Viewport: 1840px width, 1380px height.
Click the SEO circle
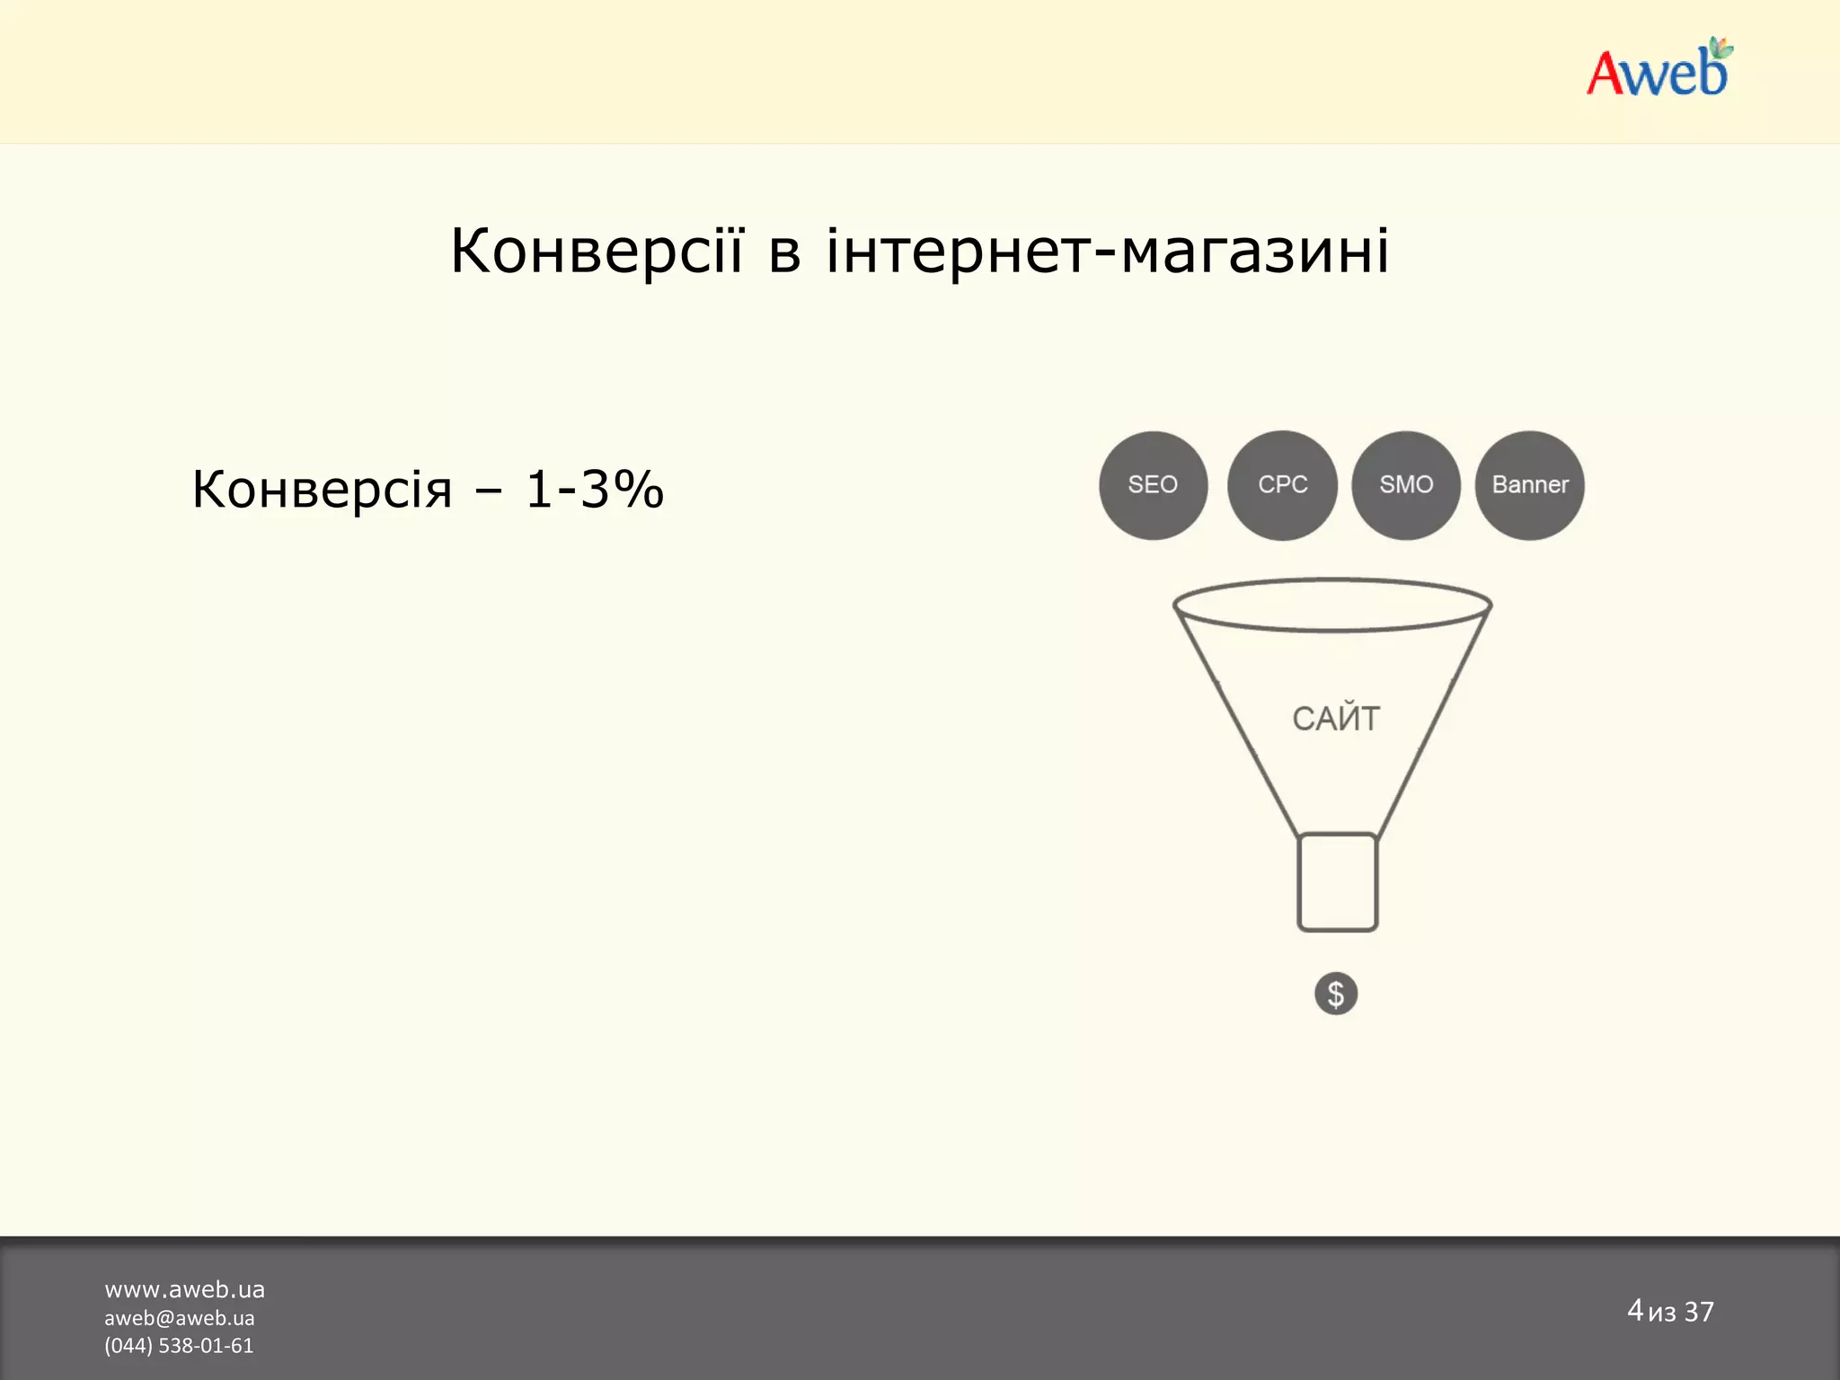[1153, 485]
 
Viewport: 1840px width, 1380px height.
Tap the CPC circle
[1282, 485]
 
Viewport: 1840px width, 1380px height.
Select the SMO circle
[1406, 485]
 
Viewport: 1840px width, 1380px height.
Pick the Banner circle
[1529, 485]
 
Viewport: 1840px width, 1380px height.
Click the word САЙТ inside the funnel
[1336, 719]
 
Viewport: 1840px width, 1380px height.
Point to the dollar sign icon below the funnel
[1336, 994]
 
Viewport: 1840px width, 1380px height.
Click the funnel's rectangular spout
[1337, 882]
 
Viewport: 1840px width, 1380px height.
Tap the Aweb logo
[1658, 70]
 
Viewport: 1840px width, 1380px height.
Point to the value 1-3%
[594, 490]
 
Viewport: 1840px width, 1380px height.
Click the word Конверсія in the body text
[322, 490]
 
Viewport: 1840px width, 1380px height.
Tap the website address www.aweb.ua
[184, 1289]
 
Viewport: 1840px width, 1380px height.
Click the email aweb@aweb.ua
[179, 1318]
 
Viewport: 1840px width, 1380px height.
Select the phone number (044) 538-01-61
[179, 1346]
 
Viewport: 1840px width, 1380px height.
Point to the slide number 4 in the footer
[1635, 1310]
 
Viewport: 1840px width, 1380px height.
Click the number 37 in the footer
[1699, 1312]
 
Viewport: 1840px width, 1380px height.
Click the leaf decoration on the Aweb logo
[1720, 48]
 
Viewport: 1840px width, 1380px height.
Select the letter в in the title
[784, 252]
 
